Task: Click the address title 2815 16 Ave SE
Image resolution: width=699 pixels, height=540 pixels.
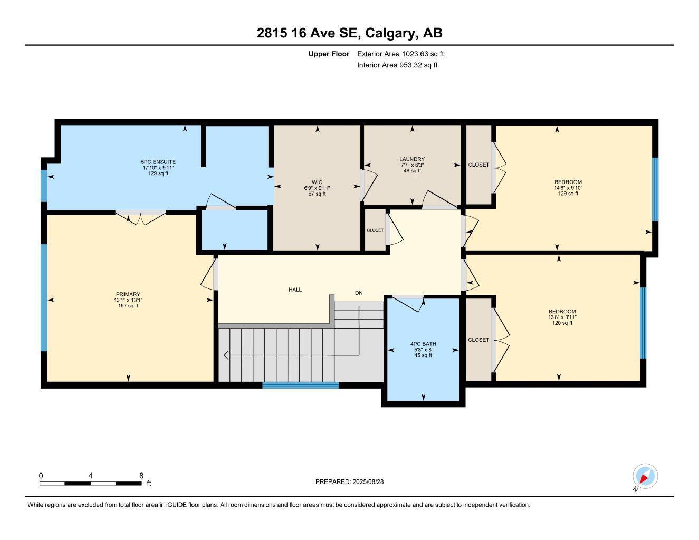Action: tap(349, 33)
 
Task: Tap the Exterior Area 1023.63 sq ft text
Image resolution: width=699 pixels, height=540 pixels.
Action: tap(400, 54)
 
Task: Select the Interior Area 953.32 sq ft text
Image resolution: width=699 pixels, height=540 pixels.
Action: tap(397, 65)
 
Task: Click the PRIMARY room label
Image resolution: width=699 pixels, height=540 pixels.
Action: tap(128, 294)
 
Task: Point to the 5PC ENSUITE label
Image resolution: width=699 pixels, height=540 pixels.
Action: tap(158, 162)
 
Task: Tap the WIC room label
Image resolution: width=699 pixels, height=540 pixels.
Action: tap(317, 182)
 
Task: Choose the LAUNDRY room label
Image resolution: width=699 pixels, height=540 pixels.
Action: tap(412, 159)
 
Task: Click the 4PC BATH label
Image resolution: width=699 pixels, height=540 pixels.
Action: tap(423, 344)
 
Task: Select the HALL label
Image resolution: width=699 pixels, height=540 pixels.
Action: tap(295, 290)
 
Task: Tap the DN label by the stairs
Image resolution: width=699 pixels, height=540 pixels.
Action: tap(359, 293)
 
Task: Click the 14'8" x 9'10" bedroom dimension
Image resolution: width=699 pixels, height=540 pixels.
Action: tap(568, 188)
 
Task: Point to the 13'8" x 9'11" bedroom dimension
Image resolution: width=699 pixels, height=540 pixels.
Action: tap(562, 317)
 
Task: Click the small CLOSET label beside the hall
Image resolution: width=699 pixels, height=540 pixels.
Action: tap(375, 230)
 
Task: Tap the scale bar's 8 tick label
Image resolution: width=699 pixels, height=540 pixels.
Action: tap(141, 476)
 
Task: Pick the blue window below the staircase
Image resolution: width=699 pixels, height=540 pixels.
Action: tap(301, 385)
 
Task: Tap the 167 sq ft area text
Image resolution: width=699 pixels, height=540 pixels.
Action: tap(128, 306)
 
